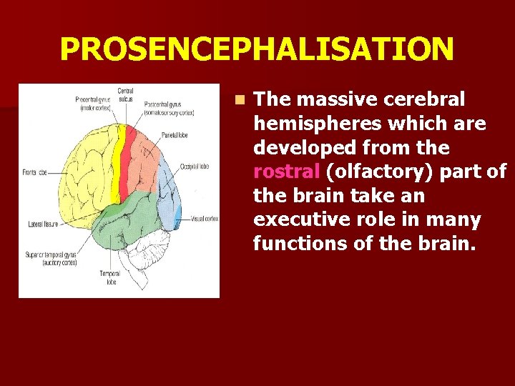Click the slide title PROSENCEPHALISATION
click(257, 49)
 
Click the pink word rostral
click(287, 172)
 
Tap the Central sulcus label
click(126, 94)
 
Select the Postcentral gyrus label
click(170, 108)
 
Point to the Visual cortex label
click(203, 219)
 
